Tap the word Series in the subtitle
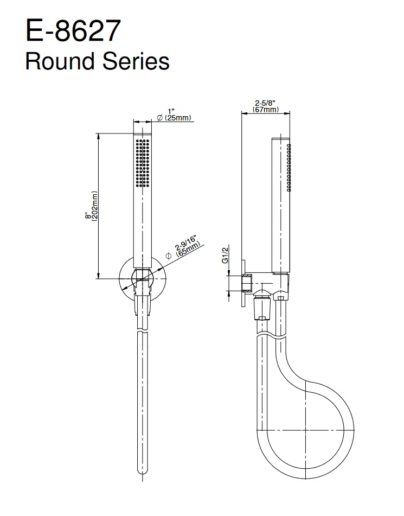click(135, 61)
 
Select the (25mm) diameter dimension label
click(177, 118)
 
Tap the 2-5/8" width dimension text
click(266, 103)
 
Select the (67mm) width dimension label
click(266, 110)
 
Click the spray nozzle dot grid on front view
click(143, 162)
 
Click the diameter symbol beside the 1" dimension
click(160, 118)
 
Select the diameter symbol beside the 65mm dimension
click(168, 255)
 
